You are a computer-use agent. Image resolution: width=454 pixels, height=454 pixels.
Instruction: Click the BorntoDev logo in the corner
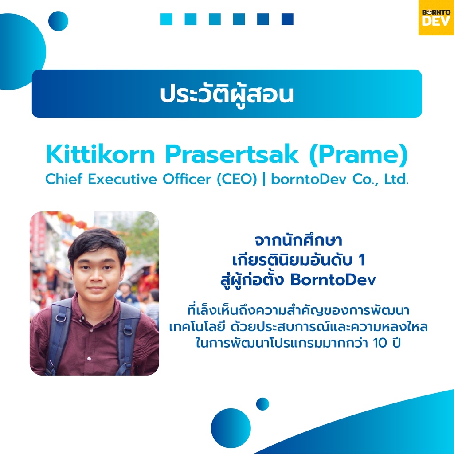point(436,18)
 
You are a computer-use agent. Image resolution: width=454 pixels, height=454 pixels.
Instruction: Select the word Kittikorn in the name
point(101,155)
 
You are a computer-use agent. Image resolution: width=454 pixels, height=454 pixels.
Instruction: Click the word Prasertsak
point(231,155)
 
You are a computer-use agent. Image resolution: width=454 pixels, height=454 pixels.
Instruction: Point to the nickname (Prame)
point(358,155)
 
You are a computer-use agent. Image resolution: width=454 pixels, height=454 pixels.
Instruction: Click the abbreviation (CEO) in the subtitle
point(237,179)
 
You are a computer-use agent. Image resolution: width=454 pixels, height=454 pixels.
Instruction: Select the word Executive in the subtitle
point(122,179)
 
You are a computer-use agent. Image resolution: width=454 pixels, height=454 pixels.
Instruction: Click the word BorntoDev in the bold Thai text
point(333,280)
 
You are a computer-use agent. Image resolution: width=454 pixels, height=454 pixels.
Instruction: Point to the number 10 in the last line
point(380,343)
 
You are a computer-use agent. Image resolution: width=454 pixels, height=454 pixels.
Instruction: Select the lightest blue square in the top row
point(167,20)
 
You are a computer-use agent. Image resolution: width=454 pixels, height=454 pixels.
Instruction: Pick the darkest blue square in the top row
point(287,20)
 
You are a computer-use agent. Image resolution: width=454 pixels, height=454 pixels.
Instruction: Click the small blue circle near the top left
point(58,21)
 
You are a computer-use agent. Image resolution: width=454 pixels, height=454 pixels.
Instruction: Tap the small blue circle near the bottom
point(262,404)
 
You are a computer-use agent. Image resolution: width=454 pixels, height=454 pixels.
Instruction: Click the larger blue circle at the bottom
point(231,428)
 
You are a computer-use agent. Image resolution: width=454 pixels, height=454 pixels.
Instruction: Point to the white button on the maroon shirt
point(89,359)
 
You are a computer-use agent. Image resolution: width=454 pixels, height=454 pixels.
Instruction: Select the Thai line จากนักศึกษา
point(298,240)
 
